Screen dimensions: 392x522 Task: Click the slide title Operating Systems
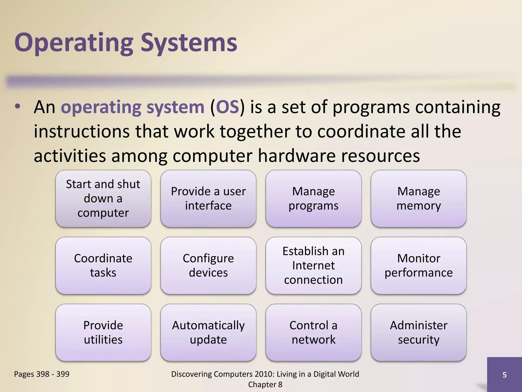click(126, 43)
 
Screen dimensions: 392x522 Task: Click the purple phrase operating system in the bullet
click(133, 107)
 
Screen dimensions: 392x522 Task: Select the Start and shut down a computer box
click(103, 199)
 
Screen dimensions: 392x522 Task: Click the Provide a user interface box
click(208, 199)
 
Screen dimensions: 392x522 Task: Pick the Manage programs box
click(313, 199)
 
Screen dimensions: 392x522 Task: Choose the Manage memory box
click(419, 199)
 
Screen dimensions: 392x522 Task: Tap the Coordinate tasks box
click(103, 265)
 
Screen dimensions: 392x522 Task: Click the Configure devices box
click(208, 265)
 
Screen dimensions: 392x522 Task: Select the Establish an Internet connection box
click(313, 265)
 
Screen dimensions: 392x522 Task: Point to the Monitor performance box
click(419, 265)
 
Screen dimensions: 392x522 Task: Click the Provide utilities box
click(103, 332)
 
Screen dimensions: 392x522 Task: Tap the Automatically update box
click(208, 332)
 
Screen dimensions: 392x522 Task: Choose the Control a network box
click(313, 332)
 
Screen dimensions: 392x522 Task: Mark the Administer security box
click(419, 332)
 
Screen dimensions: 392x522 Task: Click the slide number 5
click(504, 375)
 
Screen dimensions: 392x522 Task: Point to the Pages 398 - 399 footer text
click(42, 374)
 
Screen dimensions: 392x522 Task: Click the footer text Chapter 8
click(265, 385)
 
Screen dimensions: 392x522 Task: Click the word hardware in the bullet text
click(297, 156)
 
